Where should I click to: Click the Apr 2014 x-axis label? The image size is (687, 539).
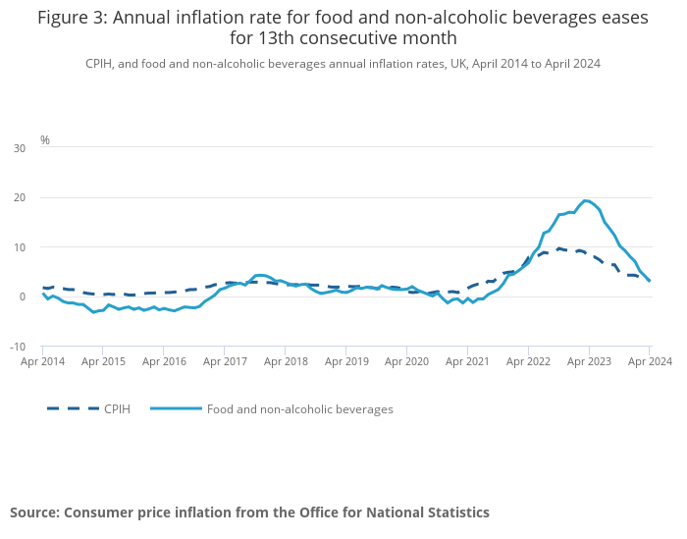tap(43, 362)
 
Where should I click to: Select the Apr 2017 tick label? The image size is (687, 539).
tap(225, 362)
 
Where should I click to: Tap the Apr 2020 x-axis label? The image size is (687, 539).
tap(407, 362)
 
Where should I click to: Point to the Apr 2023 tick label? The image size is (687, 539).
tap(589, 362)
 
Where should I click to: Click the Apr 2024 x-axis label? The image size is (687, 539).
tap(650, 362)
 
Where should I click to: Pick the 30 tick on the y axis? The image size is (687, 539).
tap(20, 148)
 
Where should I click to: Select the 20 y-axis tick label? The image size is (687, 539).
tap(20, 197)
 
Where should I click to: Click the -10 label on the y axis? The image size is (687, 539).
tap(18, 347)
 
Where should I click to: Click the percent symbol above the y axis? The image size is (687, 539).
tap(45, 140)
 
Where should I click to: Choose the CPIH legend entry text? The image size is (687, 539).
tap(118, 409)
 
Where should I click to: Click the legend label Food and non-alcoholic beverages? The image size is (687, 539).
tap(299, 409)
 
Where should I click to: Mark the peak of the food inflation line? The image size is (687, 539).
tap(586, 200)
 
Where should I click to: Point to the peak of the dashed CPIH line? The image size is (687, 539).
tap(558, 248)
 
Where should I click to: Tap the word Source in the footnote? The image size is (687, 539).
tap(35, 512)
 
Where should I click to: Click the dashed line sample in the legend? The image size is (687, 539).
tap(73, 409)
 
